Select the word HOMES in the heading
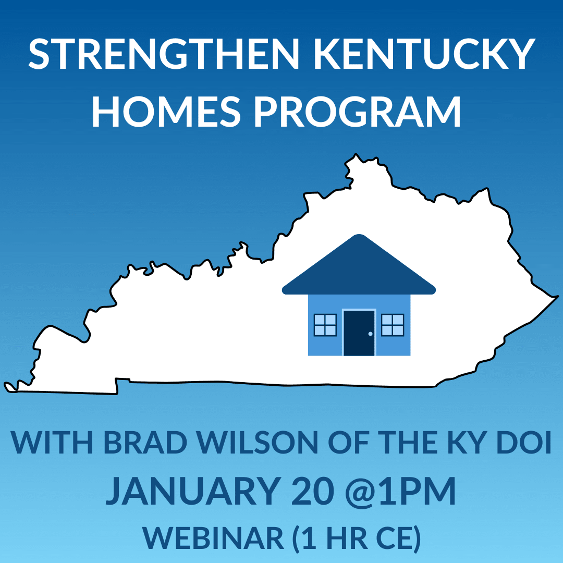(x=166, y=111)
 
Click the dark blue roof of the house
(x=359, y=266)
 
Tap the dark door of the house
(x=359, y=333)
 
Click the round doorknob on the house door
(x=371, y=334)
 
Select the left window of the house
(x=325, y=325)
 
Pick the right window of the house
(x=393, y=325)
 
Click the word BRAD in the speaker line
(x=145, y=442)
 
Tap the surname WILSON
(x=258, y=442)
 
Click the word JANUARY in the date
(x=193, y=491)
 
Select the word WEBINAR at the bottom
(x=213, y=538)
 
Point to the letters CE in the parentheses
(x=396, y=538)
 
